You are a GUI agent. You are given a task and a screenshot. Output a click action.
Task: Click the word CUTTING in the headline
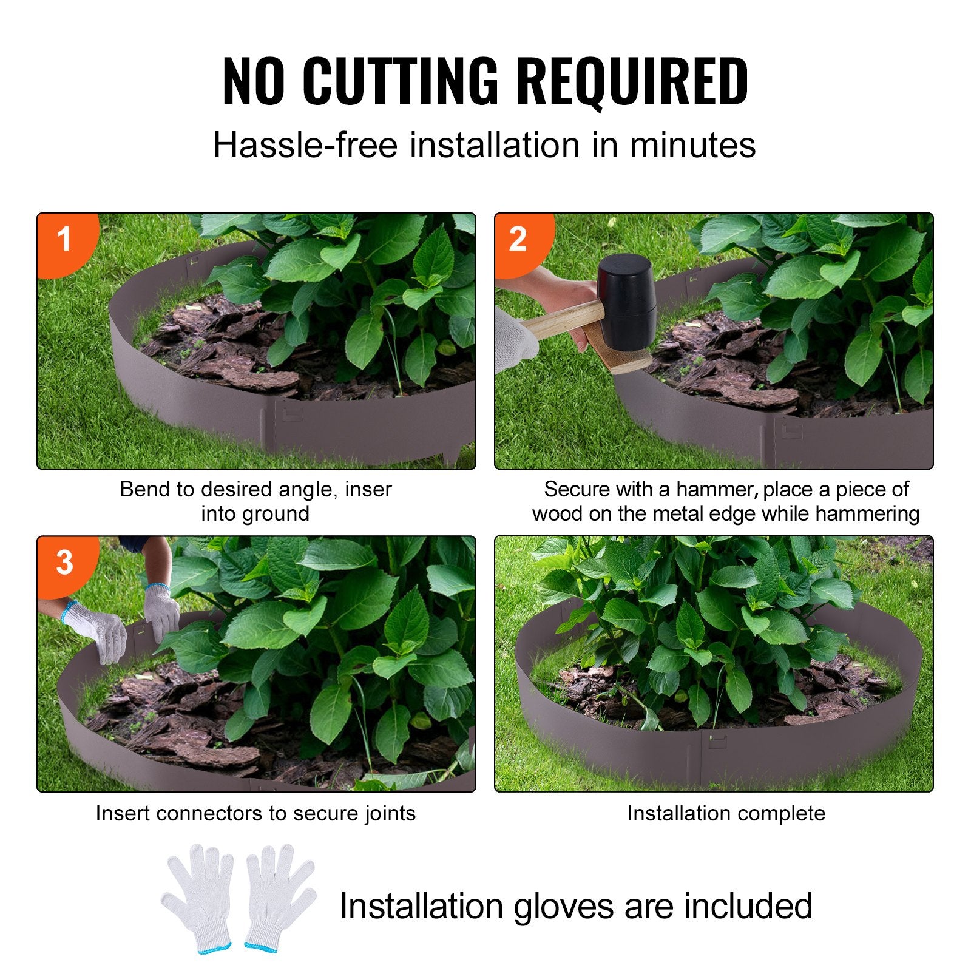400,81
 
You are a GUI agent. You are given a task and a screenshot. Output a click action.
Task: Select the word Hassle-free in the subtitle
305,146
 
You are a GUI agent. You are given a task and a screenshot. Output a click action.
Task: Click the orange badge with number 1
63,239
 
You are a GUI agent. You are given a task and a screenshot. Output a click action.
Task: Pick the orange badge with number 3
64,563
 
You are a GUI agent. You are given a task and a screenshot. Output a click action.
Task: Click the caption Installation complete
726,813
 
